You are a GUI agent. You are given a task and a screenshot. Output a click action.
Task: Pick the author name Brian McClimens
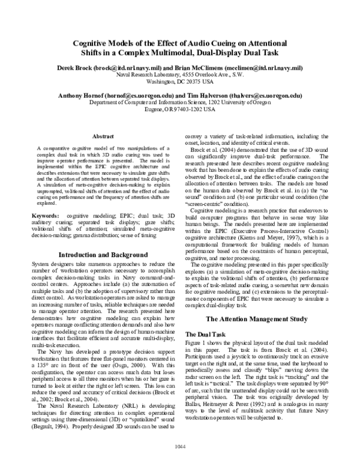[200, 68]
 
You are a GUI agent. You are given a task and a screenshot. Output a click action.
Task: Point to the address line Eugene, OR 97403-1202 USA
[180, 110]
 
